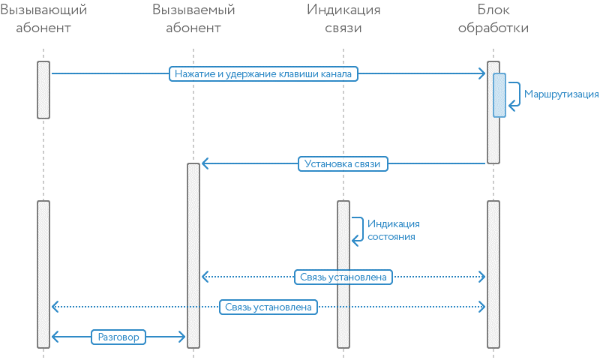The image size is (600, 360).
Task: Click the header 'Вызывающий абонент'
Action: click(x=43, y=19)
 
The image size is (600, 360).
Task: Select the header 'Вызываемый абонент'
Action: click(x=193, y=19)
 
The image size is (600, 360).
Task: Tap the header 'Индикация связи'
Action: click(x=343, y=19)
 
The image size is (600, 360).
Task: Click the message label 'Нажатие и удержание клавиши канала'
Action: click(x=263, y=73)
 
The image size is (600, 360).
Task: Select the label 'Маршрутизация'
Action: click(x=561, y=94)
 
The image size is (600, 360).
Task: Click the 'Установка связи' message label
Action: click(x=343, y=164)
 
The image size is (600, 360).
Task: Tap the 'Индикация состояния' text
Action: click(x=394, y=229)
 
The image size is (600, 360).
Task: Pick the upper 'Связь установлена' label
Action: click(x=343, y=277)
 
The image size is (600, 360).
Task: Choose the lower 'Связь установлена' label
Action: click(x=268, y=307)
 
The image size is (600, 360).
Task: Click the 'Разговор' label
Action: click(x=118, y=337)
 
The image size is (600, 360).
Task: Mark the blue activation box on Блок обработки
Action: click(x=499, y=94)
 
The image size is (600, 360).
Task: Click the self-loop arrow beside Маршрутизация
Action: click(x=515, y=95)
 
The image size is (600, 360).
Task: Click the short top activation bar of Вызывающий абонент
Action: click(x=43, y=89)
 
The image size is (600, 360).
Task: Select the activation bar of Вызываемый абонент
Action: click(x=193, y=255)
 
